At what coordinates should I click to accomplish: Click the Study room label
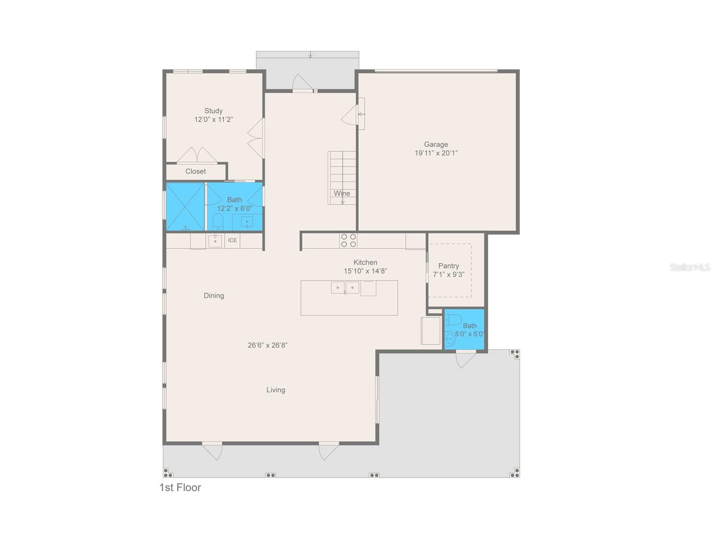tap(213, 110)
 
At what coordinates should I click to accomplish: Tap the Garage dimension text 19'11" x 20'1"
tap(436, 153)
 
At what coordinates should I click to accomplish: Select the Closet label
tap(195, 171)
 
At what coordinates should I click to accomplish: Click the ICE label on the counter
tap(232, 240)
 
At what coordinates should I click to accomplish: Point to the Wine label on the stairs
tap(342, 193)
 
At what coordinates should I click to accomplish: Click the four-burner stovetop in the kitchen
tap(348, 241)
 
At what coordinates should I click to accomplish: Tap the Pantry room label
tap(448, 266)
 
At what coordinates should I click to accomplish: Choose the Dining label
tap(214, 295)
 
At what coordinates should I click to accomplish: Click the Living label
tap(276, 390)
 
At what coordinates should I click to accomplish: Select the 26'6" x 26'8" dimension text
tap(267, 345)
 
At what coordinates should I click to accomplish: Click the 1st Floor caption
tap(180, 487)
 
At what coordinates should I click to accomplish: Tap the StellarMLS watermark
tap(690, 267)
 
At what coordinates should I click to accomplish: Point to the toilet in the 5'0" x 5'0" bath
tap(453, 320)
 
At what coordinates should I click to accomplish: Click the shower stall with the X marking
tap(185, 206)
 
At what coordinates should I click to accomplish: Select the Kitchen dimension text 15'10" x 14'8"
tap(365, 271)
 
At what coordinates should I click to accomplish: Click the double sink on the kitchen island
tap(345, 287)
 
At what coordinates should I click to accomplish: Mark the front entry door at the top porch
tap(303, 83)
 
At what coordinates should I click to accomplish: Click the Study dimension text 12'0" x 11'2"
tap(214, 119)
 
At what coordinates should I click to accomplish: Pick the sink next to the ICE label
tap(215, 241)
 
